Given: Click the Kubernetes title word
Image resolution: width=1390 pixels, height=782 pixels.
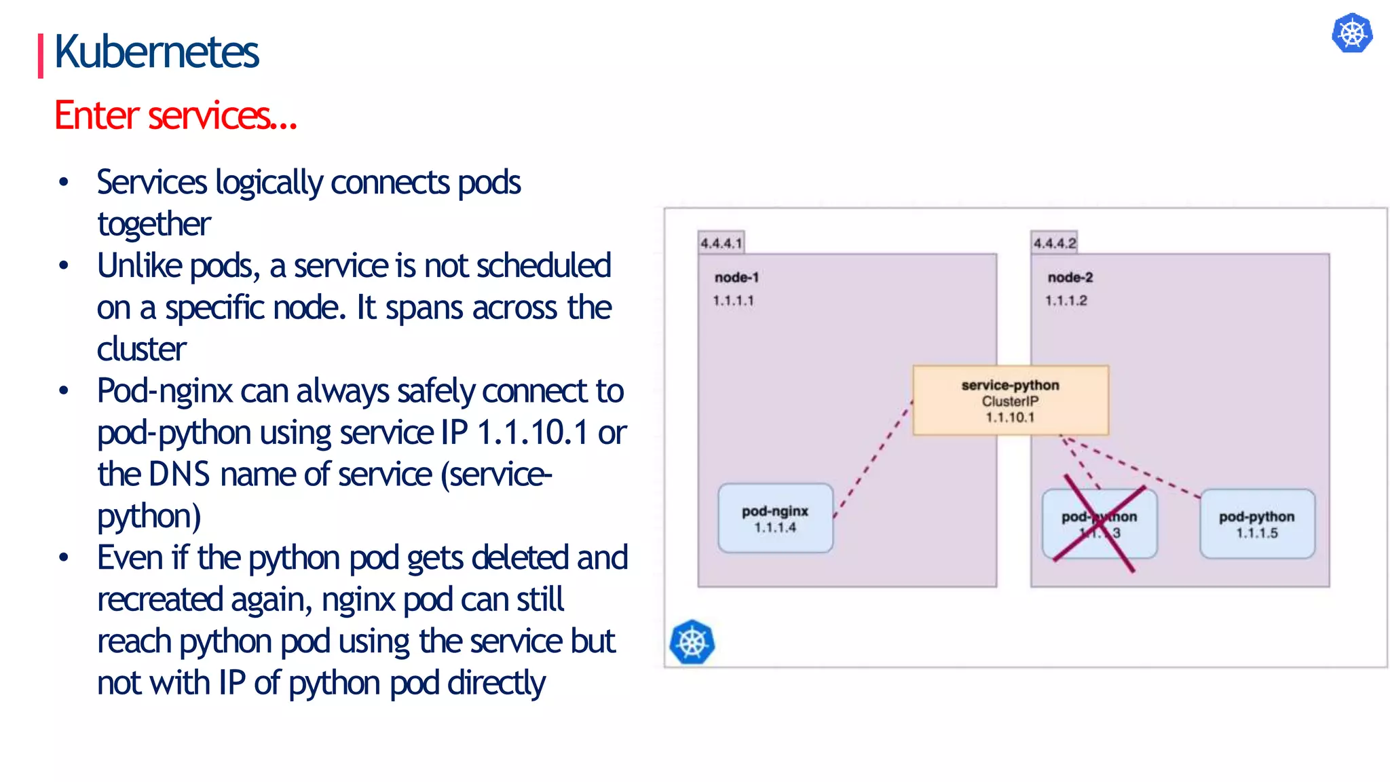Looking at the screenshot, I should coord(156,52).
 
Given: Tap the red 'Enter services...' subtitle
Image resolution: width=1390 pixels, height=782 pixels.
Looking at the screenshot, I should coord(175,115).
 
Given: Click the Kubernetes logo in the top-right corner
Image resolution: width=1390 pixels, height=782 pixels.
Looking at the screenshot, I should coord(1352,33).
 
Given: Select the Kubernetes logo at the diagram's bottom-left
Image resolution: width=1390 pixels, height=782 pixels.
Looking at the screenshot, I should coord(692,642).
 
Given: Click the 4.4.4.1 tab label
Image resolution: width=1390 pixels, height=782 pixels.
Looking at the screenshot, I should coord(721,243).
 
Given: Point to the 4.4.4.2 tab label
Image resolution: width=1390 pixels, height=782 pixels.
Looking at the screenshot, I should coord(1054,243).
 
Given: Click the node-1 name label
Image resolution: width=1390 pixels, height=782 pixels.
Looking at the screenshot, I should coord(736,277).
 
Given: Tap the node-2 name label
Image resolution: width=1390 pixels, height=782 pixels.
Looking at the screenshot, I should coord(1070,277).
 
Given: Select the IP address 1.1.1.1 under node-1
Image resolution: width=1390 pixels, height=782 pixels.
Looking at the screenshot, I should coord(733,300).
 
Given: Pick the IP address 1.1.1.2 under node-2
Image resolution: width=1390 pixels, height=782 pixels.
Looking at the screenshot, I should coord(1066,300).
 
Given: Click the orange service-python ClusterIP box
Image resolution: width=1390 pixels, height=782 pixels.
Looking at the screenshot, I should coord(1010,401).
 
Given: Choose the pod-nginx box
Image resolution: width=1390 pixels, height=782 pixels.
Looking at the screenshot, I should coord(775,519).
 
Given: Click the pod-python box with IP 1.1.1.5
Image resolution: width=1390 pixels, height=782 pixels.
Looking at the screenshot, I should coord(1256,524).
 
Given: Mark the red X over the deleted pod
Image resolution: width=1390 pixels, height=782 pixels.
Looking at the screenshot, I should coord(1100,524).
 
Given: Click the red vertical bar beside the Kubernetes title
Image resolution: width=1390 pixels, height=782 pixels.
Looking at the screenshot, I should coord(41,56).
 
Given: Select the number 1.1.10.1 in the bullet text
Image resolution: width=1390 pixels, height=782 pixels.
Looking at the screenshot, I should coord(532,433).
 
